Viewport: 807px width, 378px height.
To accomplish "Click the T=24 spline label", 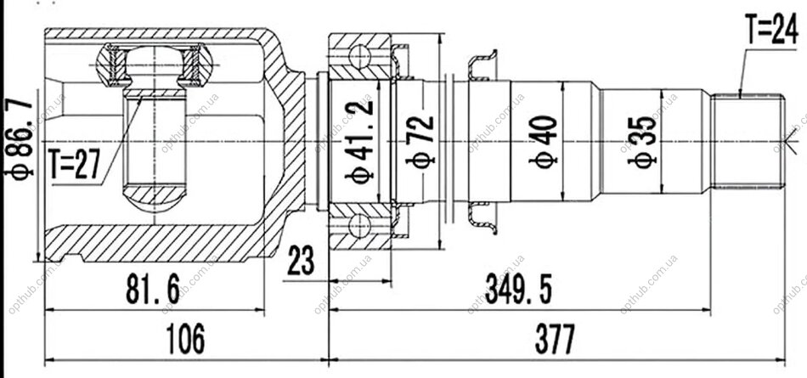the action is (770, 30).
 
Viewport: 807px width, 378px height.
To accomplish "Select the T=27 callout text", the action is (74, 163).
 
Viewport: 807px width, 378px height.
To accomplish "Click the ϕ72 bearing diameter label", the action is (420, 142).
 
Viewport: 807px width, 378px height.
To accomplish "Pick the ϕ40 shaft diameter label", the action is (544, 142).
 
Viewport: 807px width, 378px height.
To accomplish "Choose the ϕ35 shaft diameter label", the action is (642, 142).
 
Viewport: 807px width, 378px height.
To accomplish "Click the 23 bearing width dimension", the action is (301, 261).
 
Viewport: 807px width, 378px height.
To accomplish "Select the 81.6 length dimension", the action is (153, 290).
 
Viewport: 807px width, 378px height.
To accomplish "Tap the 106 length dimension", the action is (185, 338).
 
